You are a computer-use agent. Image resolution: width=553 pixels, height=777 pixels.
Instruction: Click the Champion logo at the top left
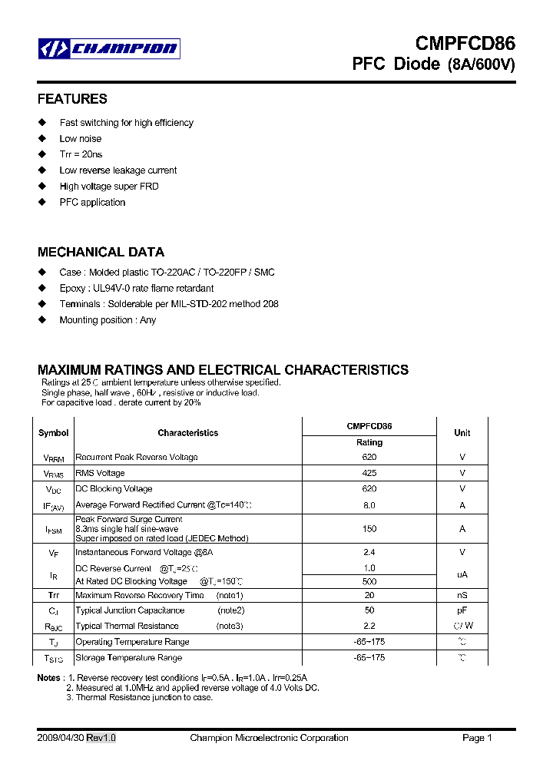(x=108, y=49)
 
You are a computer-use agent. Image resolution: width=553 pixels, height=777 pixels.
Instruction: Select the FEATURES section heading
(x=72, y=99)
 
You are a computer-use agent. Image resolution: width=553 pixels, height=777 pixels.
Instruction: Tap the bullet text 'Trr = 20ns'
(x=81, y=154)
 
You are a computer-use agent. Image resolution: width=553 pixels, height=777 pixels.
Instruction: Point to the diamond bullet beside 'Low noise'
(x=42, y=139)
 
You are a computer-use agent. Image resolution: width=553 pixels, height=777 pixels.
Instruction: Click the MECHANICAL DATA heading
(x=101, y=252)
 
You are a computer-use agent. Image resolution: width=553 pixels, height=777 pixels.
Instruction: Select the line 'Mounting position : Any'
(x=108, y=320)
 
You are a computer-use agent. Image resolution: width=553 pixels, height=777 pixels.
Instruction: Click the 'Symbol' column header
(x=53, y=433)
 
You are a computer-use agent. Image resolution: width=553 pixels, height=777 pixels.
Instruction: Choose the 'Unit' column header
(x=462, y=433)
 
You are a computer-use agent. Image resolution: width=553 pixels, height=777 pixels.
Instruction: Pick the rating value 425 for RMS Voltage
(x=369, y=473)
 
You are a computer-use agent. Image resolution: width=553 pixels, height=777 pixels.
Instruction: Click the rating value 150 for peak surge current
(x=369, y=529)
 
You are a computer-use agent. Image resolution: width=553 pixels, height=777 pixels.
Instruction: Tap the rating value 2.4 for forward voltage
(x=369, y=552)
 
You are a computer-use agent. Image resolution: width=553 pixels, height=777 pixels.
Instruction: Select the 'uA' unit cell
(x=462, y=574)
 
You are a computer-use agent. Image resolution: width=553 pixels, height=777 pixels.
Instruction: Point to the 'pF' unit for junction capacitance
(x=462, y=610)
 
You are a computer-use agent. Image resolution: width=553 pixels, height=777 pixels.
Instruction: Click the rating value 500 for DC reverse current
(x=369, y=581)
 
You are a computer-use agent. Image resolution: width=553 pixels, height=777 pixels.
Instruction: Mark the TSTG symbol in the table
(x=53, y=659)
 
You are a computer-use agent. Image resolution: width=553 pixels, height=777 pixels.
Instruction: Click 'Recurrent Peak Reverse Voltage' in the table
(x=136, y=457)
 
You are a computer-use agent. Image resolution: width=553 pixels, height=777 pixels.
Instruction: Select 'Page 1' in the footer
(x=477, y=738)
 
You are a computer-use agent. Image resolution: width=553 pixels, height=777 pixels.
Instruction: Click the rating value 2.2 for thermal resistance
(x=369, y=626)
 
